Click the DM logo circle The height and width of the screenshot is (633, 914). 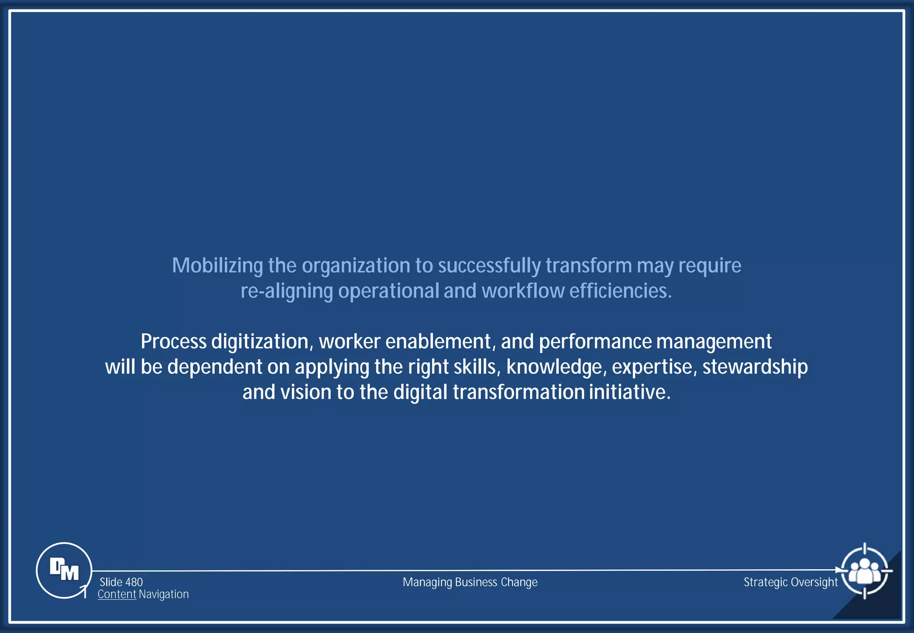coord(64,570)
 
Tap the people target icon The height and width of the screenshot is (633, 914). coord(864,571)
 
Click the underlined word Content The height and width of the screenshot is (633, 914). coord(116,594)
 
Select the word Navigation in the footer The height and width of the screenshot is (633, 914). coord(163,594)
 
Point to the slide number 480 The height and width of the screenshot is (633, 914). coord(134,582)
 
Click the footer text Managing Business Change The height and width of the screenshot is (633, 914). coord(470,582)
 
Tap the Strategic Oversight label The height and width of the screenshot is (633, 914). coord(790,582)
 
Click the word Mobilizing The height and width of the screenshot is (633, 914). coord(217,266)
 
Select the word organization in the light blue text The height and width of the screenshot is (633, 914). coord(356,266)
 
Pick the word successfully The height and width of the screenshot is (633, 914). coord(489,266)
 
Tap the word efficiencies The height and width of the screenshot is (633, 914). coord(620,291)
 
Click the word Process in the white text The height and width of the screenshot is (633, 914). coord(174,341)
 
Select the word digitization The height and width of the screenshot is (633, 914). coord(260,341)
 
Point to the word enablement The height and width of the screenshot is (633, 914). coord(438,341)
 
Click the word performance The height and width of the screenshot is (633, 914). coord(595,341)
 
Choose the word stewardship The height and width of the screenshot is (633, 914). coord(755,367)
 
